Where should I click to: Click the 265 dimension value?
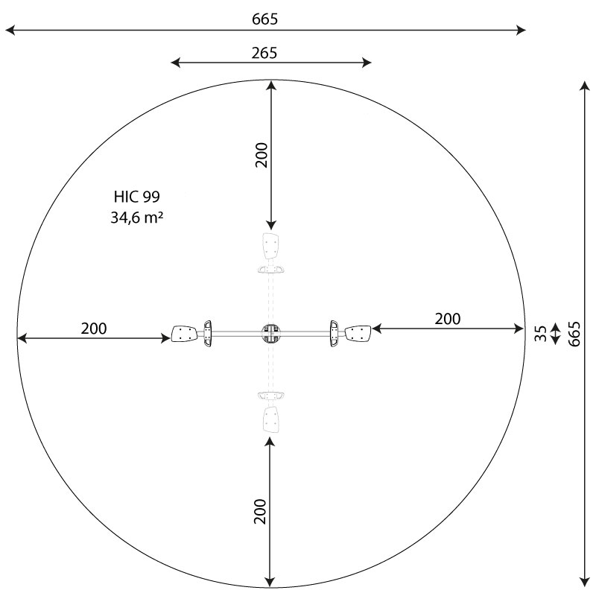coord(264,53)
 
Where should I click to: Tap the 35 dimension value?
coord(541,334)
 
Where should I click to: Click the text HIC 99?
coord(137,197)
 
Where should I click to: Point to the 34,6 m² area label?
coord(137,218)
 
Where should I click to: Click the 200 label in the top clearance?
coord(261,155)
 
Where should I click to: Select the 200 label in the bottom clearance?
coord(260,512)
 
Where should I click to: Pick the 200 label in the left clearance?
coord(94,329)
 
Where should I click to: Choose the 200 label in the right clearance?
coord(448,319)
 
